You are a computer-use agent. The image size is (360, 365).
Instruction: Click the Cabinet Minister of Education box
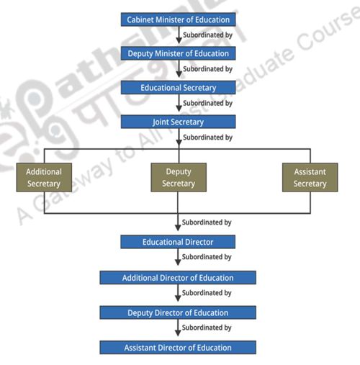click(x=178, y=19)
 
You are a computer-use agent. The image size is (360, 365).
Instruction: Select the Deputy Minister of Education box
click(x=178, y=53)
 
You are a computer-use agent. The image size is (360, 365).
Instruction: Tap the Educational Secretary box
click(x=178, y=88)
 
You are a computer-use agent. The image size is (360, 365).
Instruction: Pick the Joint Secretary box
click(x=178, y=122)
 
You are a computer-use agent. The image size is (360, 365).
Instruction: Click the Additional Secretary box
click(x=44, y=178)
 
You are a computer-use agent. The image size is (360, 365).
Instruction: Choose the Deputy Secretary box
click(x=179, y=178)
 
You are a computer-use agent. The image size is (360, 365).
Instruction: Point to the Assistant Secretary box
click(x=310, y=178)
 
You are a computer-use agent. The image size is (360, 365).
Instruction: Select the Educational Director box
click(x=178, y=242)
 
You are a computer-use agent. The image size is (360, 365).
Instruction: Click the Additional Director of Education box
click(x=178, y=278)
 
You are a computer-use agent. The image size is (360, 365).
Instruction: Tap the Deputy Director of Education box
click(x=178, y=312)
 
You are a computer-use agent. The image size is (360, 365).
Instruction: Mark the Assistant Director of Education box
click(x=178, y=348)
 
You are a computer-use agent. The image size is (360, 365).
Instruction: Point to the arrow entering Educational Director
click(x=178, y=227)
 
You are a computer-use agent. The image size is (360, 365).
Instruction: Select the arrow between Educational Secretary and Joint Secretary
click(x=178, y=105)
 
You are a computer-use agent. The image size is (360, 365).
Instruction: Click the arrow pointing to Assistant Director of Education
click(x=178, y=330)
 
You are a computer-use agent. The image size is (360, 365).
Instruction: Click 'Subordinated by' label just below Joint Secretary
click(x=207, y=137)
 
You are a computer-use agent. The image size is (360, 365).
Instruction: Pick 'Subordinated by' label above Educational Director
click(x=207, y=222)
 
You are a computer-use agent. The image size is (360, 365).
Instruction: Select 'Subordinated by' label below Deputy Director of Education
click(x=207, y=328)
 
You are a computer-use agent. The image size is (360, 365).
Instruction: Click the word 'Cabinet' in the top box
click(x=142, y=19)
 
